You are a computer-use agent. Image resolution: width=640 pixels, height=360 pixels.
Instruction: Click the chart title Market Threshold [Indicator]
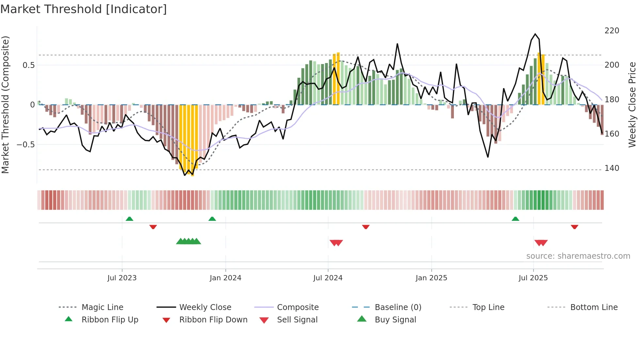click(x=84, y=9)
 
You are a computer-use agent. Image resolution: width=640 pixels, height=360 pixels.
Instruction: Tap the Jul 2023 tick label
click(x=122, y=278)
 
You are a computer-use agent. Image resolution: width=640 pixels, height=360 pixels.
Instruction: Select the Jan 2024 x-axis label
click(x=225, y=278)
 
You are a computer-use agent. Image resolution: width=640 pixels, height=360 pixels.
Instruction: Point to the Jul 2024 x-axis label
click(x=328, y=278)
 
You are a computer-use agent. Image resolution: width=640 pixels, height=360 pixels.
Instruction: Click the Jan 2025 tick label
click(x=431, y=278)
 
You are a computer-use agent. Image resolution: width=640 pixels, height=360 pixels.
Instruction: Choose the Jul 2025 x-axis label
click(x=533, y=278)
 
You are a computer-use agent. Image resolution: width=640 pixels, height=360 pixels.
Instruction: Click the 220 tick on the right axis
click(x=612, y=31)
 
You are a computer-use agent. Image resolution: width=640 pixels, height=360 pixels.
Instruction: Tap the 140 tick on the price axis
click(x=612, y=168)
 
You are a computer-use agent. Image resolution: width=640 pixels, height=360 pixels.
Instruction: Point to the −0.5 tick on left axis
click(x=25, y=144)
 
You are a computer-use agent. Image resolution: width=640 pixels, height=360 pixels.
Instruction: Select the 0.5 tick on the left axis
click(x=28, y=65)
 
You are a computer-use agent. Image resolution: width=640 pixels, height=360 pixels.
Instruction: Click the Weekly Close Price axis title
click(x=632, y=105)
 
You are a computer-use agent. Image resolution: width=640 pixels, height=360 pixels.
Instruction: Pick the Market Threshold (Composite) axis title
click(x=6, y=105)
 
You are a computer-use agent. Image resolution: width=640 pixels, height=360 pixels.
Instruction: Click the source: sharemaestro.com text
click(x=578, y=256)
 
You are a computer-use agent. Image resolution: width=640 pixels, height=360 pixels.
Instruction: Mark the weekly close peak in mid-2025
click(x=535, y=34)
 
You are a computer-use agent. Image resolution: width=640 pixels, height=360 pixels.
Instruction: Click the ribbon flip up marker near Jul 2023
click(x=129, y=219)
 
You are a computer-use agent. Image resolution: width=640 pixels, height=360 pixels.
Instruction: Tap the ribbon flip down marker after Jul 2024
click(x=366, y=227)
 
